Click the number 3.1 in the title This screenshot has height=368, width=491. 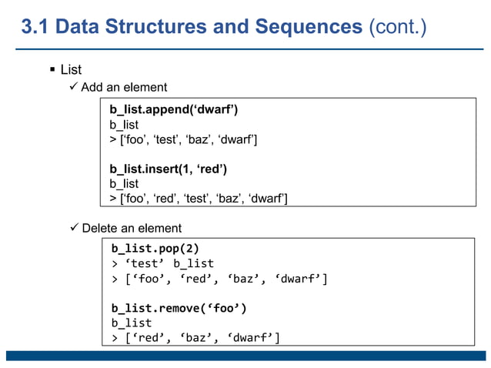(37, 28)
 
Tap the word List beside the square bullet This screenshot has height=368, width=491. (71, 70)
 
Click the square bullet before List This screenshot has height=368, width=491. (52, 70)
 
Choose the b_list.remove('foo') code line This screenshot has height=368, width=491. (179, 308)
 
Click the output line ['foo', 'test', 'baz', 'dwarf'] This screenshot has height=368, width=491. (183, 139)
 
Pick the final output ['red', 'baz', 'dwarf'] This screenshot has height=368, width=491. (195, 337)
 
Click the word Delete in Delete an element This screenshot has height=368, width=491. (101, 228)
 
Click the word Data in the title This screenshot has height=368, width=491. (82, 28)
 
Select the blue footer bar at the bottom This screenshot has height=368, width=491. (245, 355)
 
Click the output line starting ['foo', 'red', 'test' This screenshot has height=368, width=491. (199, 199)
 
